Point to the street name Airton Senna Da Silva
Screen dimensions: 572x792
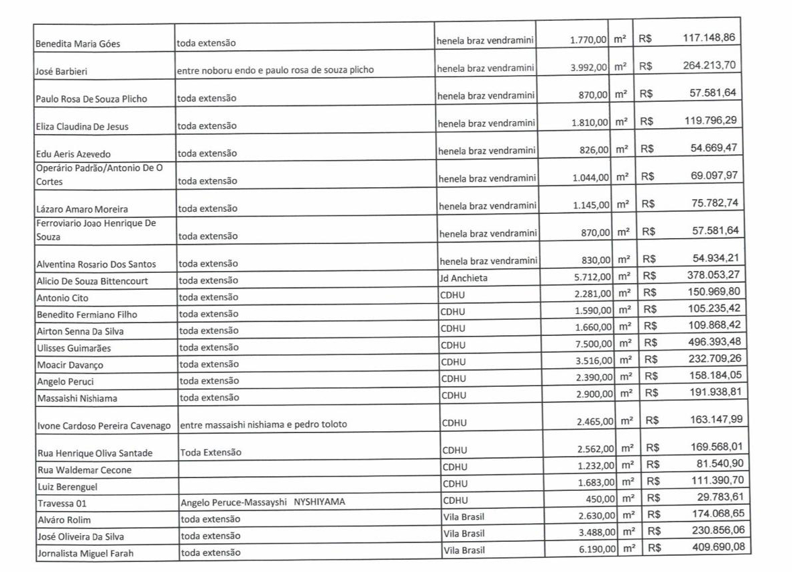click(80, 331)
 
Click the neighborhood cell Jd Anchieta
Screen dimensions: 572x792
click(463, 278)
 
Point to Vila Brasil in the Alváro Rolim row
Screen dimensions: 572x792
click(463, 518)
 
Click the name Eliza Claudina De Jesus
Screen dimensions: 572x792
click(82, 127)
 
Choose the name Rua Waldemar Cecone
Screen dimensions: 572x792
click(84, 470)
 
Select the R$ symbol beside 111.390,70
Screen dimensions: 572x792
click(653, 481)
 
